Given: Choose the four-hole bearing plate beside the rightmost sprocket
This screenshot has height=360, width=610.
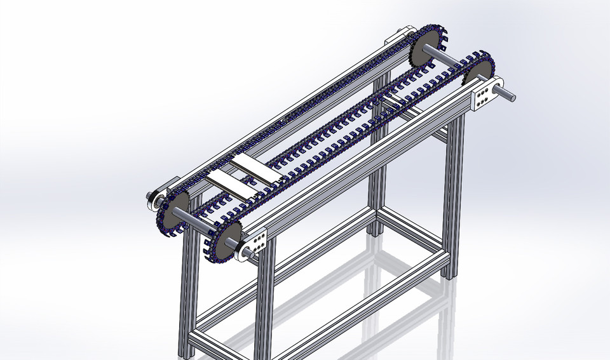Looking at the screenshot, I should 484,96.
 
